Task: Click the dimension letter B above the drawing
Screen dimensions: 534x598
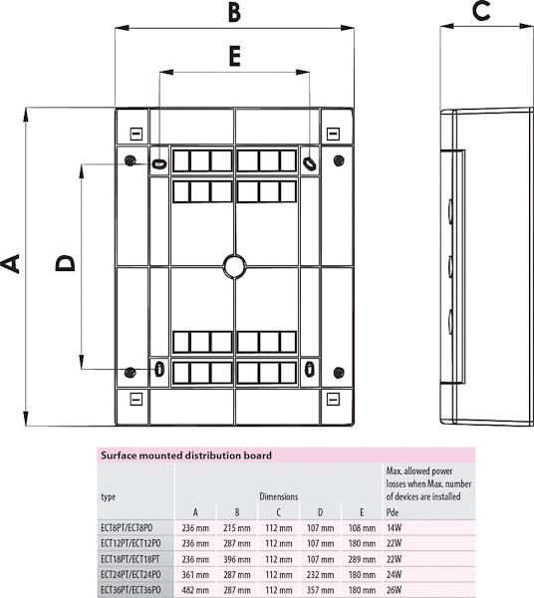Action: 234,12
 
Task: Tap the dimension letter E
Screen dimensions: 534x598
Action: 234,56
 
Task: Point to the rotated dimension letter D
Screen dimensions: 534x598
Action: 65,263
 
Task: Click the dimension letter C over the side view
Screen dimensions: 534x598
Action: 481,11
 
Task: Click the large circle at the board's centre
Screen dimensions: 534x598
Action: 235,266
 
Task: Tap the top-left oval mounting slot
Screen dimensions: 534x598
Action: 159,163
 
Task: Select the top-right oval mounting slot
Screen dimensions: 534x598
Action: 310,163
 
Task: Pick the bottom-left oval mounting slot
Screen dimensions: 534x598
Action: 159,369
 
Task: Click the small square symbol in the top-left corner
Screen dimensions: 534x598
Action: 136,134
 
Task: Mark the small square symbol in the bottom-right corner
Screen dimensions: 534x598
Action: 333,400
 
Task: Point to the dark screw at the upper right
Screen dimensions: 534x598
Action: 339,160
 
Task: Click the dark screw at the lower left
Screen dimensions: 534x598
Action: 131,372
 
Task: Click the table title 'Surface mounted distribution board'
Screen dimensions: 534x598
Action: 186,455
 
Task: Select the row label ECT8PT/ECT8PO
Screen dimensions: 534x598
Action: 127,528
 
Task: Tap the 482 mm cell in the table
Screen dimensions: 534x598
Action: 195,590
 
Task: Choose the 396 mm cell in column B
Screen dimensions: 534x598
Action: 237,559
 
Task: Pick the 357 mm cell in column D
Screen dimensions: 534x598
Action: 320,590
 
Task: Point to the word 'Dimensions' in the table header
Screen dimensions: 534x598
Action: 279,496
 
